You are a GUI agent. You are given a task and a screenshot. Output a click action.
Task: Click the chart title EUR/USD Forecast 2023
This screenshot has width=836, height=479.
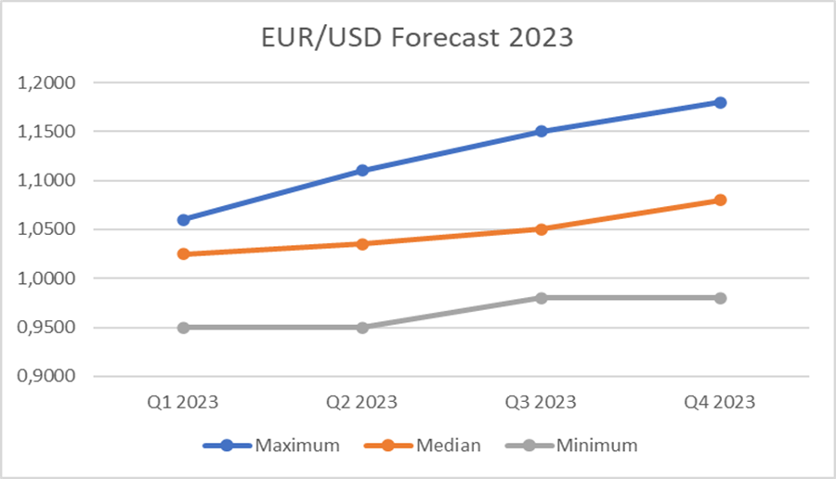click(x=417, y=40)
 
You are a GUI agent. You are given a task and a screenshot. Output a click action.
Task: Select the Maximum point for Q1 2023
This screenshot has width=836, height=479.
click(x=183, y=220)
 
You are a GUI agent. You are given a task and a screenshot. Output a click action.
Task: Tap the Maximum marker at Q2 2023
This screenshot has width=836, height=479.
click(x=362, y=171)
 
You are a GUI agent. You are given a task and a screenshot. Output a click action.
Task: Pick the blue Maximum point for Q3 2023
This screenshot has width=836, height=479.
click(x=542, y=131)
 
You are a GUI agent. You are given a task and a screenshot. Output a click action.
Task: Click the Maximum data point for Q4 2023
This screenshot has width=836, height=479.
click(x=720, y=102)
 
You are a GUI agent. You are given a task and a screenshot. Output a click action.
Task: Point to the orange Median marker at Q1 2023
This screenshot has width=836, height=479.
click(x=183, y=253)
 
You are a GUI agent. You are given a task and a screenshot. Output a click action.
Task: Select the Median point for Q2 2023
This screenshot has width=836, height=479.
click(x=362, y=244)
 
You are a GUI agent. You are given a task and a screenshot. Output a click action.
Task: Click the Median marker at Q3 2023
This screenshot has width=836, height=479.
click(x=542, y=228)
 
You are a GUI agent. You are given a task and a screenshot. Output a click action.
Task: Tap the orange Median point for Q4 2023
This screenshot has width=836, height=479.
click(x=720, y=200)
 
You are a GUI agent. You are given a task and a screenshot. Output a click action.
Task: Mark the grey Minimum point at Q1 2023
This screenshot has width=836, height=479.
click(x=183, y=328)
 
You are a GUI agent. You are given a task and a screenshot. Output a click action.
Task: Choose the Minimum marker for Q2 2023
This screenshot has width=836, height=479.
click(x=362, y=328)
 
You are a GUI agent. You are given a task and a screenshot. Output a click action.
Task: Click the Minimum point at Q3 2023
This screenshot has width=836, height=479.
click(x=542, y=298)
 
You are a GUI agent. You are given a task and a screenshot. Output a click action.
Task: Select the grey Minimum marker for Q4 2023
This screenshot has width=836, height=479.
click(x=720, y=298)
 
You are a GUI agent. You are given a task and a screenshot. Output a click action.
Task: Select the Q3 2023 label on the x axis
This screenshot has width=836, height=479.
click(x=542, y=403)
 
